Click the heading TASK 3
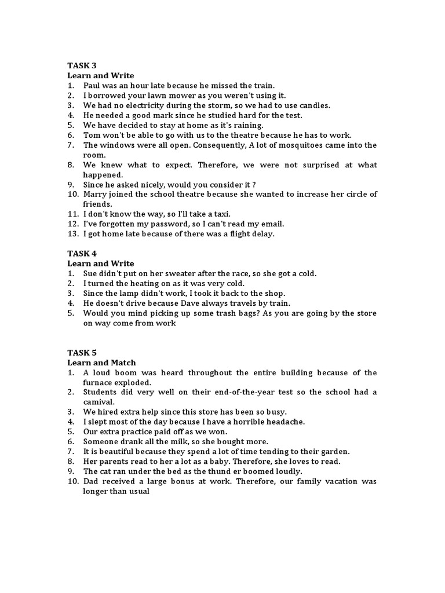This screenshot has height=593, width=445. (x=82, y=66)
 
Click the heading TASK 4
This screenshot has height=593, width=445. (x=82, y=254)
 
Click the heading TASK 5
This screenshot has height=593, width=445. (x=82, y=353)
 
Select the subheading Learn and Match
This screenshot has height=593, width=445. (x=101, y=363)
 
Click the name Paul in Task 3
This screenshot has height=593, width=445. (x=93, y=86)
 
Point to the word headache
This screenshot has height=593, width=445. (x=284, y=422)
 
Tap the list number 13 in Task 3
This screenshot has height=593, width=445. (x=72, y=233)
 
